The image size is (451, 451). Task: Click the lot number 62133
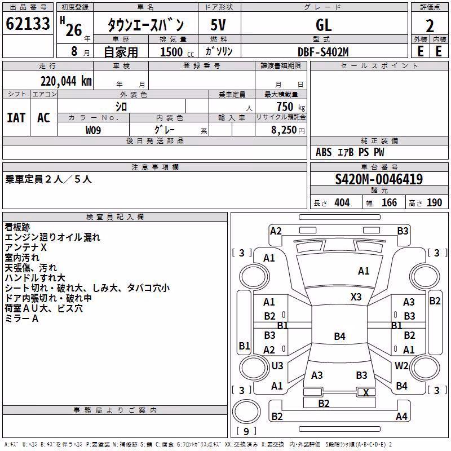click(28, 24)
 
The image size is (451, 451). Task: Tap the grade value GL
click(324, 25)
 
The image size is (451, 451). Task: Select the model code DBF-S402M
click(323, 52)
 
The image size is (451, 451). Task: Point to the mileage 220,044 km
click(66, 81)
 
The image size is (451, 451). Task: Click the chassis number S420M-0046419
click(379, 179)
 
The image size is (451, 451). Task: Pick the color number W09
click(93, 130)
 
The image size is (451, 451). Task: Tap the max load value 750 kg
click(290, 107)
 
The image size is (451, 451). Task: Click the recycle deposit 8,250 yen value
click(288, 130)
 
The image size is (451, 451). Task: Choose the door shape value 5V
click(218, 25)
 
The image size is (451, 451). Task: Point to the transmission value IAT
click(16, 118)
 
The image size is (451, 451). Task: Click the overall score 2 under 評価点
click(430, 26)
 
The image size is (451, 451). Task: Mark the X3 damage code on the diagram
click(356, 297)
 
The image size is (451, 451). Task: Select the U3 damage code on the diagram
click(277, 365)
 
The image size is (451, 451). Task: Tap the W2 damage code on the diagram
click(401, 365)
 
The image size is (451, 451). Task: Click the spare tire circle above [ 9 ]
click(246, 412)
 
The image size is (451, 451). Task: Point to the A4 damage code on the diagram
click(401, 416)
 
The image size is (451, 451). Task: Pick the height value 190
click(434, 203)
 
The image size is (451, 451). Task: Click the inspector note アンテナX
click(25, 247)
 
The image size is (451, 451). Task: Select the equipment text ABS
click(324, 152)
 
